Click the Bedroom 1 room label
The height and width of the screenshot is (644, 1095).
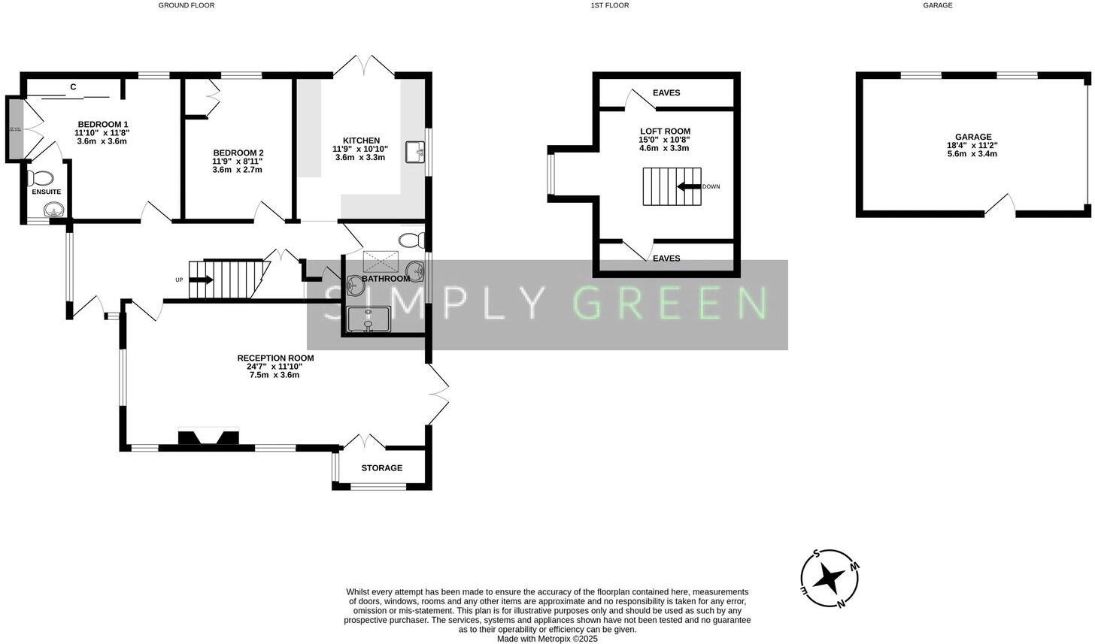[102, 125]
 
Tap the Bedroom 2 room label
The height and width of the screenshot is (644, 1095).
[238, 153]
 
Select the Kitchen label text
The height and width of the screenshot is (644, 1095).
[361, 141]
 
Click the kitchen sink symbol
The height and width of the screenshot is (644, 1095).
[415, 153]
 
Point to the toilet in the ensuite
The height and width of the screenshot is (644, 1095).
[40, 178]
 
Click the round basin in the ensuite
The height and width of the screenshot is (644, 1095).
[52, 209]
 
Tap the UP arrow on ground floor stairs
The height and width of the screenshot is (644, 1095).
[201, 280]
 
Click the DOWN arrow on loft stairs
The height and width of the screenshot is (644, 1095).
[688, 186]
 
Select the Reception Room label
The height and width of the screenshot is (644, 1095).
[275, 358]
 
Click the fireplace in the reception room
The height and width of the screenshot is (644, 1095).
[208, 437]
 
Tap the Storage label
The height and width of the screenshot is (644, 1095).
[381, 468]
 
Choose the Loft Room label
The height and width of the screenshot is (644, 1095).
[665, 132]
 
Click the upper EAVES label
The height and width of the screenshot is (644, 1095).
[666, 93]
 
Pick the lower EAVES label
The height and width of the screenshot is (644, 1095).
[666, 259]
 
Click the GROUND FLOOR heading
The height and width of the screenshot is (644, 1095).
[186, 5]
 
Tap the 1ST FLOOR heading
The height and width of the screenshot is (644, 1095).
[609, 5]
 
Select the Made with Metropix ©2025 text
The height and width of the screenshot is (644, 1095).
[547, 639]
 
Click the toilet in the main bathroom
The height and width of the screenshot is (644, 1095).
[412, 240]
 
